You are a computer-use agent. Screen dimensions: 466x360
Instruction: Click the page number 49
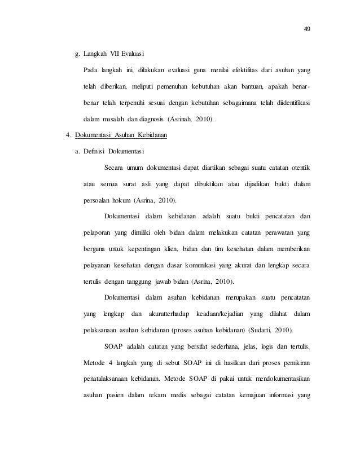tap(307, 29)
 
